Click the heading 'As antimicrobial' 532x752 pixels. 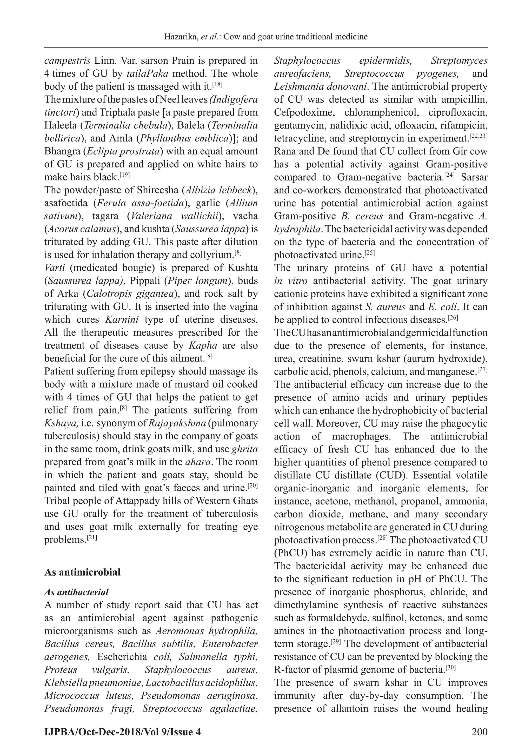click(82, 572)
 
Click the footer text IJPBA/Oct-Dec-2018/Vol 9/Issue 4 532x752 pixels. click(123, 732)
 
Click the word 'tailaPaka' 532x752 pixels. click(147, 74)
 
